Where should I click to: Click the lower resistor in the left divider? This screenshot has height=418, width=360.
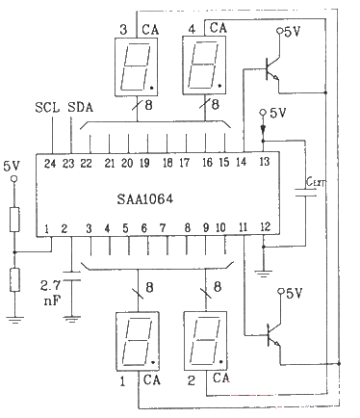coord(15,280)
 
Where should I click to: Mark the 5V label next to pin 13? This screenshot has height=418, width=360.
coord(278,113)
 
